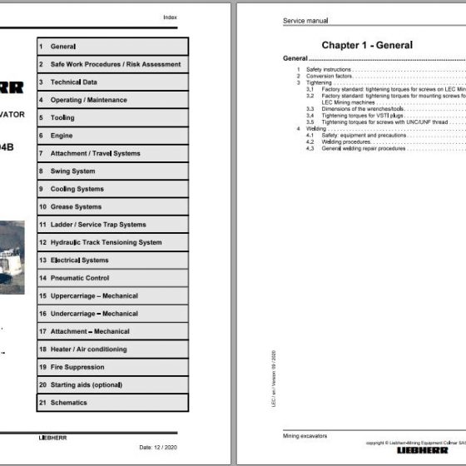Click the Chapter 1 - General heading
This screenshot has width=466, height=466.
coord(366,45)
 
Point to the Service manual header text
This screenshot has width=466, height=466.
coord(305,20)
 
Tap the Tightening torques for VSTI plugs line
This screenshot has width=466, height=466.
coord(349,115)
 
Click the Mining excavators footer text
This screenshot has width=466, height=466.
coord(305,435)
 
